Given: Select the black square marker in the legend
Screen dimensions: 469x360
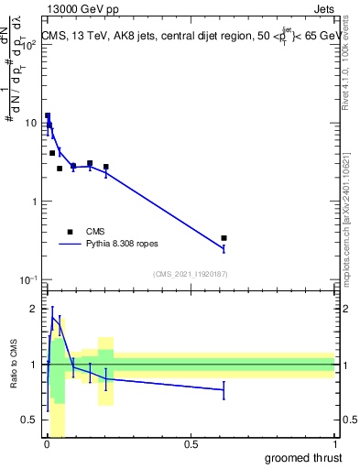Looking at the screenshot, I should [x=70, y=232].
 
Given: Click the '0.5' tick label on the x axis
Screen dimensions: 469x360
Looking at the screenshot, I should [x=191, y=445].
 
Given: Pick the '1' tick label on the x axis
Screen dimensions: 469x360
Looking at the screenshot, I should [x=334, y=445].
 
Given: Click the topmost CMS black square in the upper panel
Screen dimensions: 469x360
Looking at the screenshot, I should [x=48, y=116].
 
